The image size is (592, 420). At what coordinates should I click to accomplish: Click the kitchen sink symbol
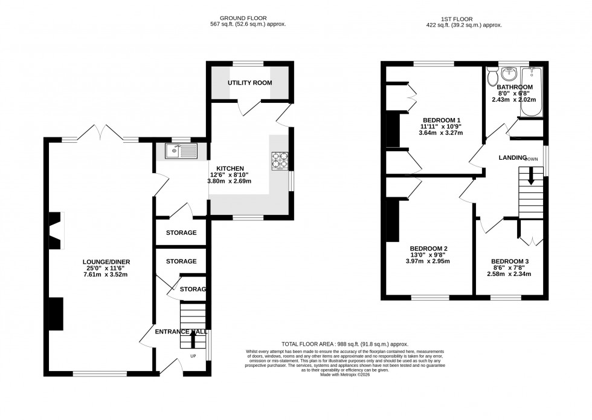[180, 151]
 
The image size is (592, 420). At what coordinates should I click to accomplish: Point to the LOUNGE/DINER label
[107, 261]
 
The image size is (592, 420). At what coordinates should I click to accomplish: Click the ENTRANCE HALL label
[181, 332]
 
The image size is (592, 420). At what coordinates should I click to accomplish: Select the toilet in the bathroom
[492, 77]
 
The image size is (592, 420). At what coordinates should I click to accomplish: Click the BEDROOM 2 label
[428, 249]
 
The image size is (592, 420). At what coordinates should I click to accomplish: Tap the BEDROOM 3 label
[510, 261]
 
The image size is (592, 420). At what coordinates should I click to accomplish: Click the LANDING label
[512, 157]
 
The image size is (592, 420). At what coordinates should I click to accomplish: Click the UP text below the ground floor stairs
[194, 356]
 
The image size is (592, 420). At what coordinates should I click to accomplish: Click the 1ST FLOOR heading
[464, 19]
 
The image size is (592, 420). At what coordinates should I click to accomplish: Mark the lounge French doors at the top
[101, 132]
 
